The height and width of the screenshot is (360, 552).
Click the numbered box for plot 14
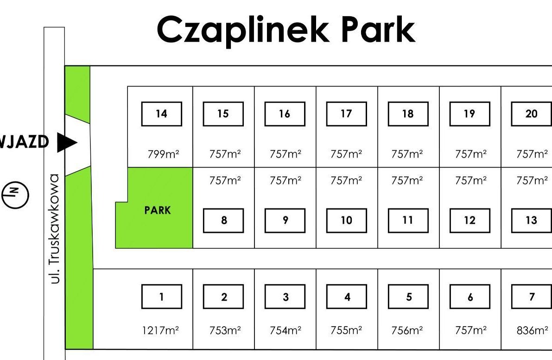[x=161, y=114]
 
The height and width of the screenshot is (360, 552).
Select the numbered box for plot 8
[x=223, y=221]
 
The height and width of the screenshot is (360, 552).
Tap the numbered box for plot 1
[x=161, y=297]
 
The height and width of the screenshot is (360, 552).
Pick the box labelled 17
[x=346, y=114]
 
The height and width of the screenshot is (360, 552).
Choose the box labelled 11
[x=408, y=221]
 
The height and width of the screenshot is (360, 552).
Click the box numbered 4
[x=346, y=297]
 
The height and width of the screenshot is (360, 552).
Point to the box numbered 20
[x=531, y=114]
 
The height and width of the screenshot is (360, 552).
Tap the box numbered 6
[x=470, y=297]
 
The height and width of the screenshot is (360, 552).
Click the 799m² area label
[x=163, y=154]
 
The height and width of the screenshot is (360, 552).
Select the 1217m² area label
[x=160, y=330]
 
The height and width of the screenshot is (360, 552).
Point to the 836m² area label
[x=532, y=330]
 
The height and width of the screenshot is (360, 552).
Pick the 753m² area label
[x=225, y=330]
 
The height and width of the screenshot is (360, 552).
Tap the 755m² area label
[x=346, y=330]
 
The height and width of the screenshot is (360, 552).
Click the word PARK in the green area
[x=158, y=210]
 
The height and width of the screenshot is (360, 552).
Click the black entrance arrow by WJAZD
[x=66, y=142]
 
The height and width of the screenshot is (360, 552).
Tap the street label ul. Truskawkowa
[x=55, y=229]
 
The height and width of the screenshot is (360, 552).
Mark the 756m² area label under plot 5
[x=408, y=330]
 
